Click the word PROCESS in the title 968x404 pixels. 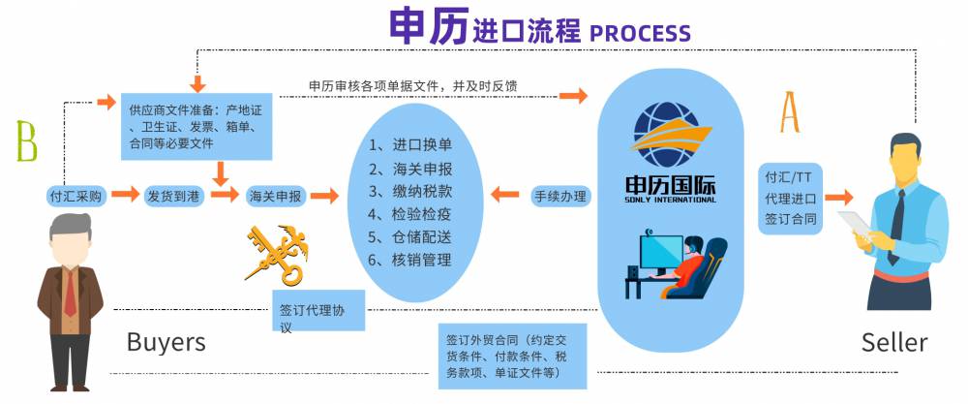(x=640, y=32)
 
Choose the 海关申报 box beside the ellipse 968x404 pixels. (x=275, y=195)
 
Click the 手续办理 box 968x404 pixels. (x=560, y=196)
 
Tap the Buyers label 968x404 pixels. (x=166, y=341)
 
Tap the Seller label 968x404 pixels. (x=893, y=342)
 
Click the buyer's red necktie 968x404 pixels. (x=70, y=292)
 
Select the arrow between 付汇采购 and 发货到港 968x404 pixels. (x=125, y=195)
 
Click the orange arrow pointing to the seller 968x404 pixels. (x=839, y=196)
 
